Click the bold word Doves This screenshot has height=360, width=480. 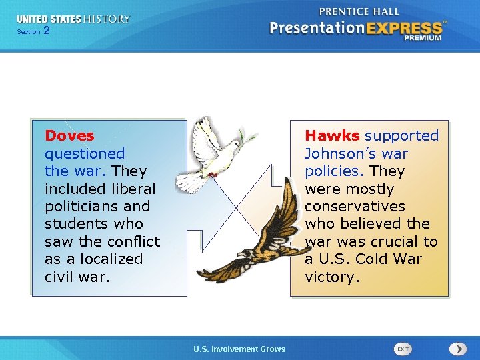coord(69,136)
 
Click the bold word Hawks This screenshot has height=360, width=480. coord(332,136)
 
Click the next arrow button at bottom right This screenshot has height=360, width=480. coord(458,349)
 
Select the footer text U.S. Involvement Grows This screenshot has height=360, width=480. coord(239,349)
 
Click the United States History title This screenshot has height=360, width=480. coord(73,19)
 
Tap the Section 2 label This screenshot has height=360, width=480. coord(33,31)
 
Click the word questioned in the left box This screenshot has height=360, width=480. coord(85,154)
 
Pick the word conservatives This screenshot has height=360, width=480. coord(355,207)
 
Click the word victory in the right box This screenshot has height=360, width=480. coord(332,277)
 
